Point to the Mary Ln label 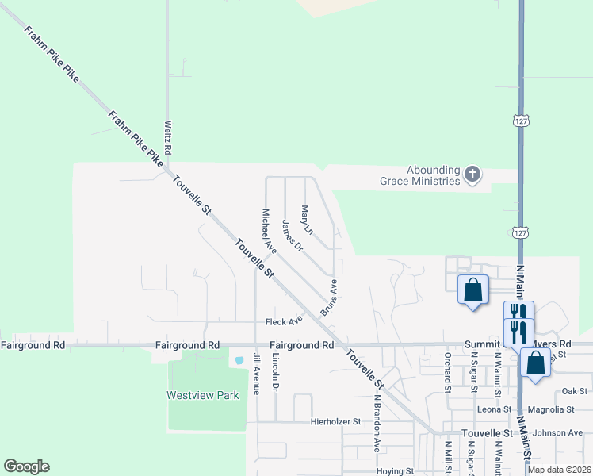click(307, 220)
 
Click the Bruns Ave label click(329, 297)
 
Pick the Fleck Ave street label click(284, 321)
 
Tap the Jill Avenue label click(256, 373)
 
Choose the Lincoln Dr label click(275, 372)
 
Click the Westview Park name click(202, 395)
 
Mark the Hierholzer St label click(335, 421)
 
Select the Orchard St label click(447, 372)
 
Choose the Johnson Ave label click(557, 433)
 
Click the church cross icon click(472, 175)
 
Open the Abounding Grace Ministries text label click(433, 175)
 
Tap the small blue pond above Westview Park click(239, 360)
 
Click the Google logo click(26, 466)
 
